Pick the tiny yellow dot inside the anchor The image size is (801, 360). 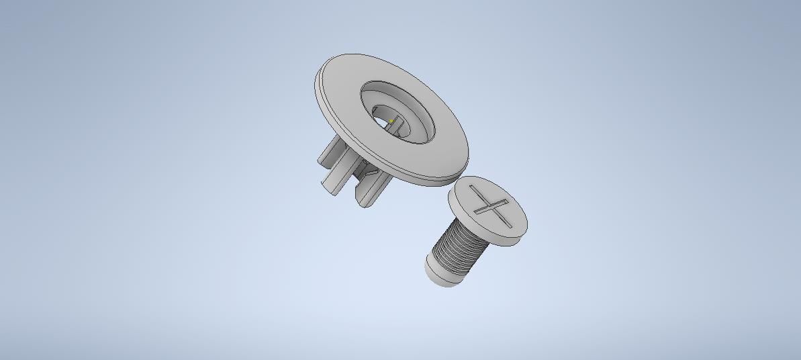tap(391, 122)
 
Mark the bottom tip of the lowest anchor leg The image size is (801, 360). tap(364, 202)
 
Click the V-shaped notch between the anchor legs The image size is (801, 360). tap(369, 176)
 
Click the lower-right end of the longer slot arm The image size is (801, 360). tap(508, 223)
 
